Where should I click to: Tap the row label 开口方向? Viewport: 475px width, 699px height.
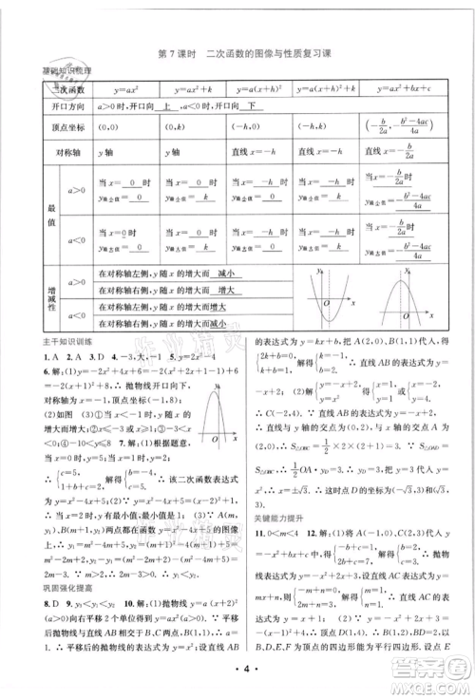(x=59, y=106)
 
